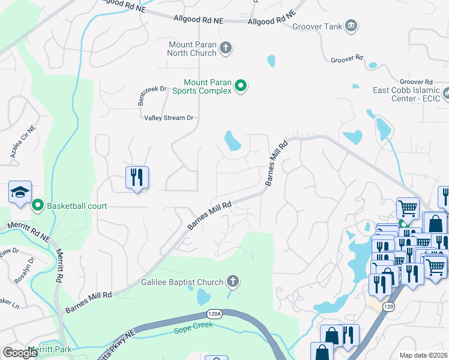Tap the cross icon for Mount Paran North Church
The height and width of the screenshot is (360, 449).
click(x=226, y=48)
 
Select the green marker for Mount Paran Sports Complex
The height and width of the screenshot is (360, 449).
click(x=241, y=86)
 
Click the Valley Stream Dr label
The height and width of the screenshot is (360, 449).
click(x=168, y=118)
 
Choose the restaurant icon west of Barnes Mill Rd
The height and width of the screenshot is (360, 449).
click(x=137, y=178)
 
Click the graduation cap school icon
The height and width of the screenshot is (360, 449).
click(x=20, y=193)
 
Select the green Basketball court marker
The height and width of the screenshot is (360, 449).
click(x=38, y=206)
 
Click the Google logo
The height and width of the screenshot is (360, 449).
click(x=20, y=353)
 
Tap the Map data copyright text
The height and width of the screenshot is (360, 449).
click(x=424, y=355)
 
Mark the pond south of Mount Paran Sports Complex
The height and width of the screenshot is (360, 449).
click(x=232, y=141)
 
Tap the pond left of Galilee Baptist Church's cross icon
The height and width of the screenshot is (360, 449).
click(x=203, y=296)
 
